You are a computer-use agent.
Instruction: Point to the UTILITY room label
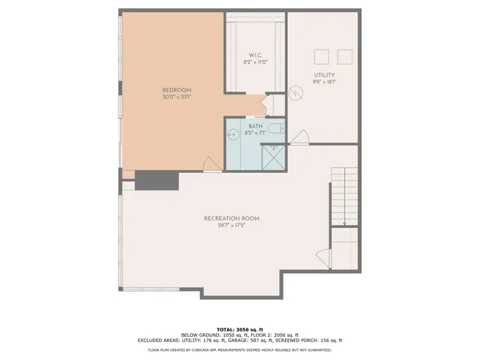(x=324, y=75)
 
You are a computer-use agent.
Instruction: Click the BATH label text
(x=255, y=126)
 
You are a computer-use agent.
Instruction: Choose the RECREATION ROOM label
(x=231, y=218)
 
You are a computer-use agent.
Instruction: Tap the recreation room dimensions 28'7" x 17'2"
(x=231, y=225)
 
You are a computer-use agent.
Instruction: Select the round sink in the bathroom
(x=232, y=136)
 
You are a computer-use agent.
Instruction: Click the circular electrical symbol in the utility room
(x=295, y=94)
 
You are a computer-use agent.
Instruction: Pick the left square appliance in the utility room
(x=321, y=57)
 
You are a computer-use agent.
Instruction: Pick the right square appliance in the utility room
(x=345, y=57)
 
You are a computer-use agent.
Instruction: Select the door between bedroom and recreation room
(x=213, y=162)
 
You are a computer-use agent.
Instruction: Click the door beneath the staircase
(x=322, y=256)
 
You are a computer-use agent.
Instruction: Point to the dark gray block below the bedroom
(x=156, y=181)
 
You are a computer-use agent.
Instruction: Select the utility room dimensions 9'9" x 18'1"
(x=324, y=82)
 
